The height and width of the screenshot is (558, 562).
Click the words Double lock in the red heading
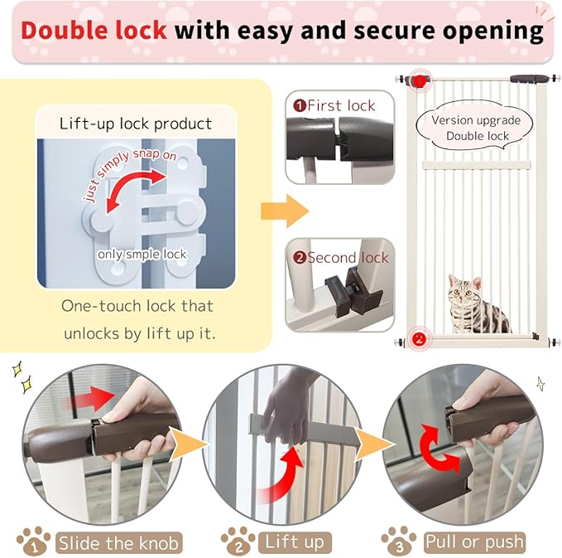[94, 30]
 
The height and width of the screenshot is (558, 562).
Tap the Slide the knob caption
[118, 543]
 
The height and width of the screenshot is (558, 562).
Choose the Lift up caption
[295, 543]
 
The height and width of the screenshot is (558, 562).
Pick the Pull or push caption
[474, 543]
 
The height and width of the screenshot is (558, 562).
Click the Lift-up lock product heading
[136, 124]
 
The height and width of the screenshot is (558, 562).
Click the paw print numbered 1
[32, 542]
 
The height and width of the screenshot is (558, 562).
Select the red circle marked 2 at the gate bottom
[419, 338]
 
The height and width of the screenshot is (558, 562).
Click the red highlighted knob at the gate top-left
[420, 80]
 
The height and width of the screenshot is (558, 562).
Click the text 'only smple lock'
[142, 254]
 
